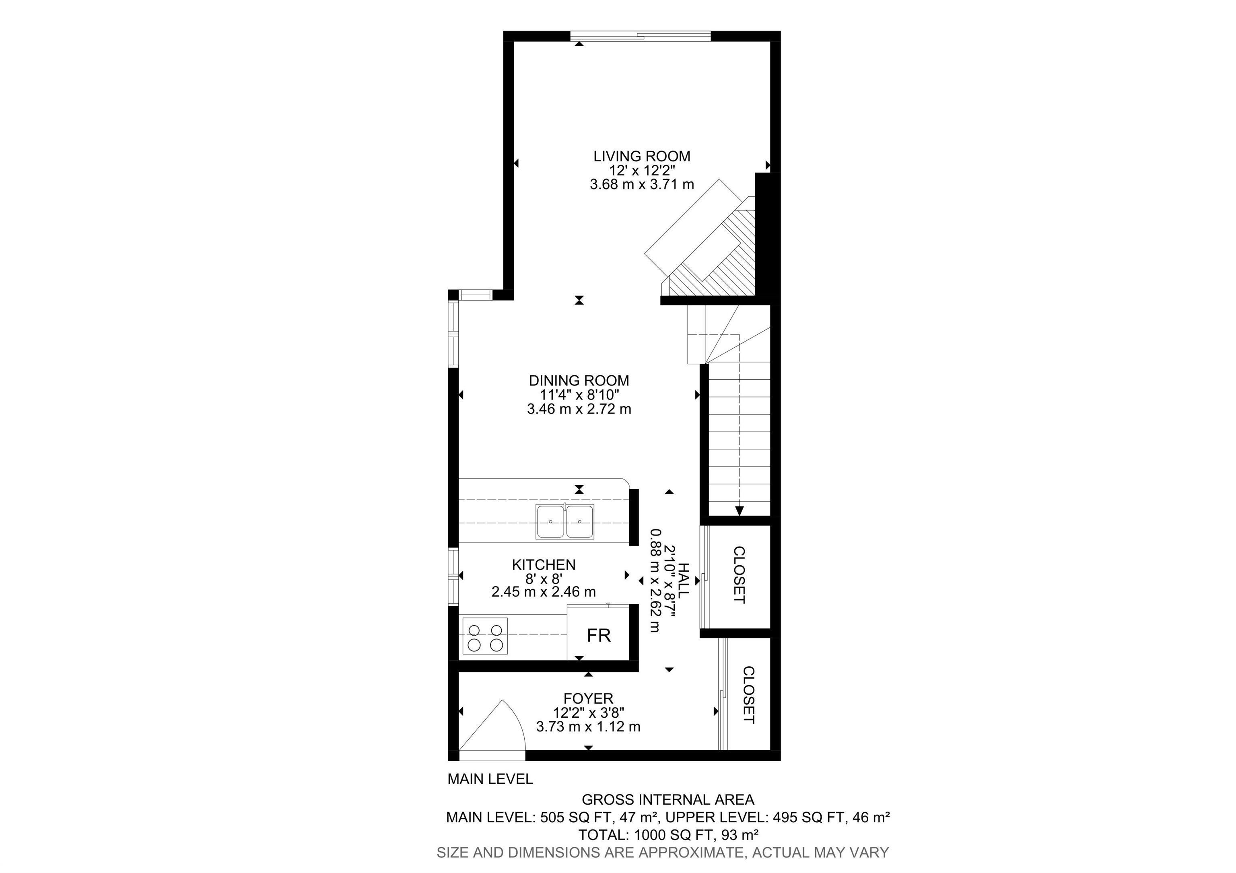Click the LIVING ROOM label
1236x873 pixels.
[x=642, y=156]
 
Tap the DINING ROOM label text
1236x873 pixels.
[x=579, y=381]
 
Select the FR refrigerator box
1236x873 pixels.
[x=598, y=636]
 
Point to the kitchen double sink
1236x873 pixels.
[x=565, y=521]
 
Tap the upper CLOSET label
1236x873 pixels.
[x=739, y=575]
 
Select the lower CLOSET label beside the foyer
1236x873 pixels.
[x=748, y=695]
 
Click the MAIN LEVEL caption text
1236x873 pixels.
[x=490, y=779]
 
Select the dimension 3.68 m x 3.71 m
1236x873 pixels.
[x=642, y=185]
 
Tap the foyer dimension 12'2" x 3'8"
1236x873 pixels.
[x=588, y=712]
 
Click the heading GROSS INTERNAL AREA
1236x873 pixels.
[x=667, y=800]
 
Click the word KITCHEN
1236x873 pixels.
[x=544, y=564]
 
